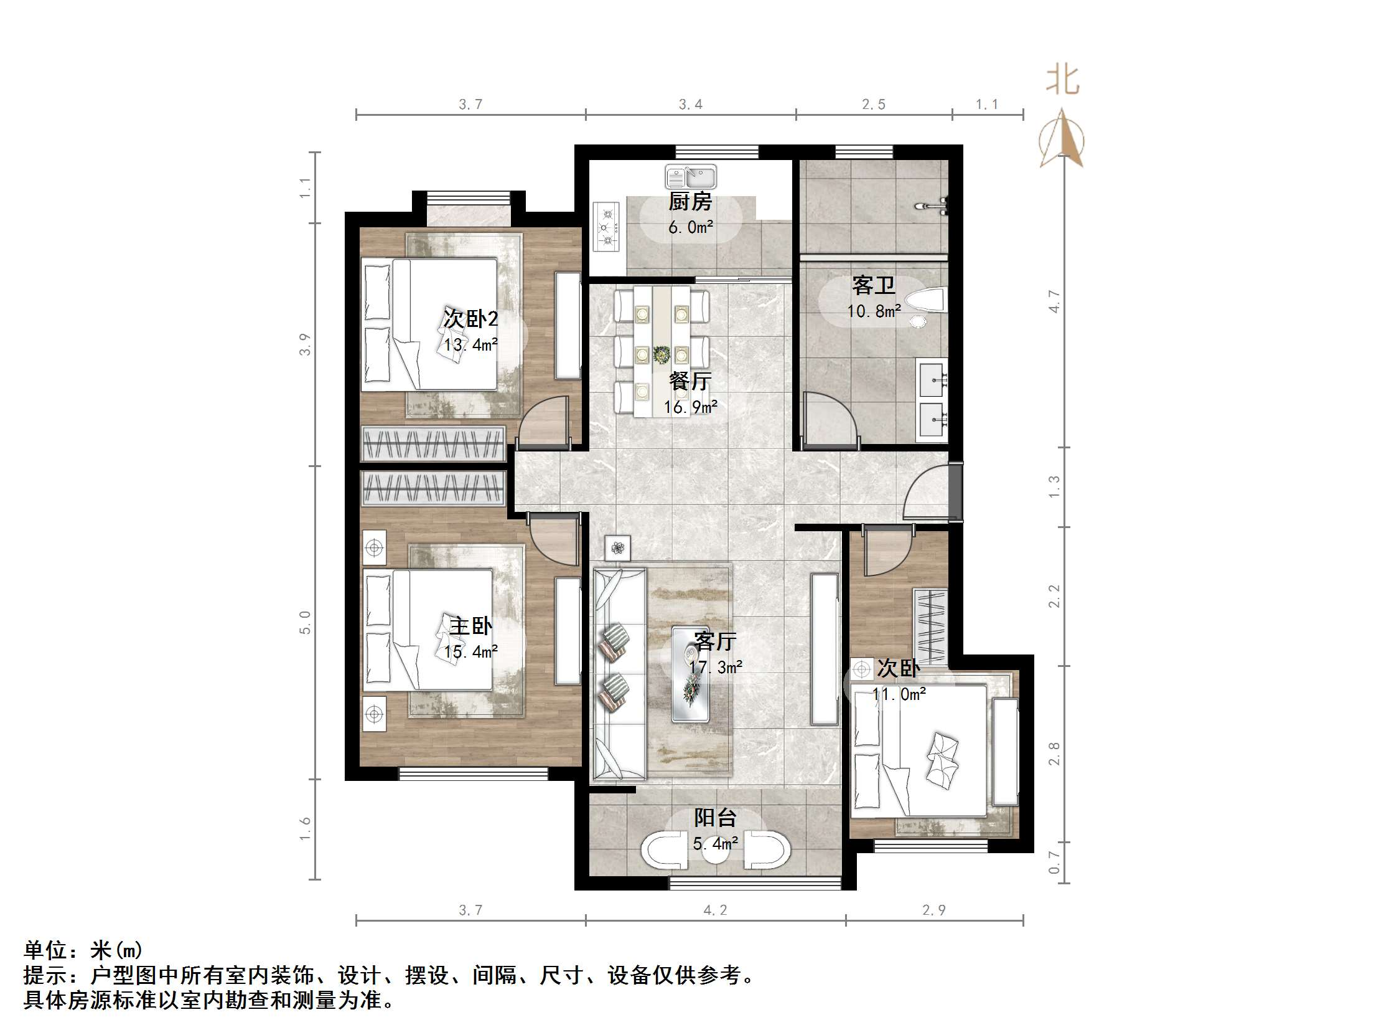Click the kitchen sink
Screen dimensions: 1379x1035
pos(691,176)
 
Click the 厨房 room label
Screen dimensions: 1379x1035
pos(690,202)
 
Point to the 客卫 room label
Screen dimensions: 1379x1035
pos(874,285)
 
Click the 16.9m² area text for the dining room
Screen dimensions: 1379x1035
pos(691,407)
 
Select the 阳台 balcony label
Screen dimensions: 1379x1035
pos(716,818)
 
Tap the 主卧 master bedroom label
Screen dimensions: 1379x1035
pos(470,626)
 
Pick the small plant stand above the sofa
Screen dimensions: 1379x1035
pos(617,549)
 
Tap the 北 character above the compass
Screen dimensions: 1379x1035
pos(1062,80)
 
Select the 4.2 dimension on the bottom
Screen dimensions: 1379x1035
pos(715,910)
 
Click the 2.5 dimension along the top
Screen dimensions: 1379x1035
pos(874,105)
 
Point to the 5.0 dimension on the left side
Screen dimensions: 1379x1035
pos(305,623)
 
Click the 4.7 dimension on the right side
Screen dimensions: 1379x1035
pos(1054,301)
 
